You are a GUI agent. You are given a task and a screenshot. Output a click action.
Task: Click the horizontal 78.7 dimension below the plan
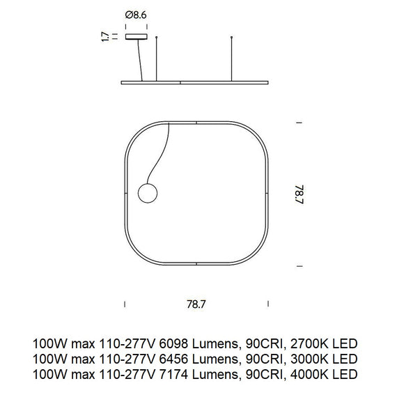[197, 304]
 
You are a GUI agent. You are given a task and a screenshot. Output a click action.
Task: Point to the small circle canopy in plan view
[148, 192]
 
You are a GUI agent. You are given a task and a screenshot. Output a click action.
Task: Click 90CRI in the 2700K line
[264, 344]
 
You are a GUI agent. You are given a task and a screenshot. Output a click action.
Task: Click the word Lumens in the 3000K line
[218, 359]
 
